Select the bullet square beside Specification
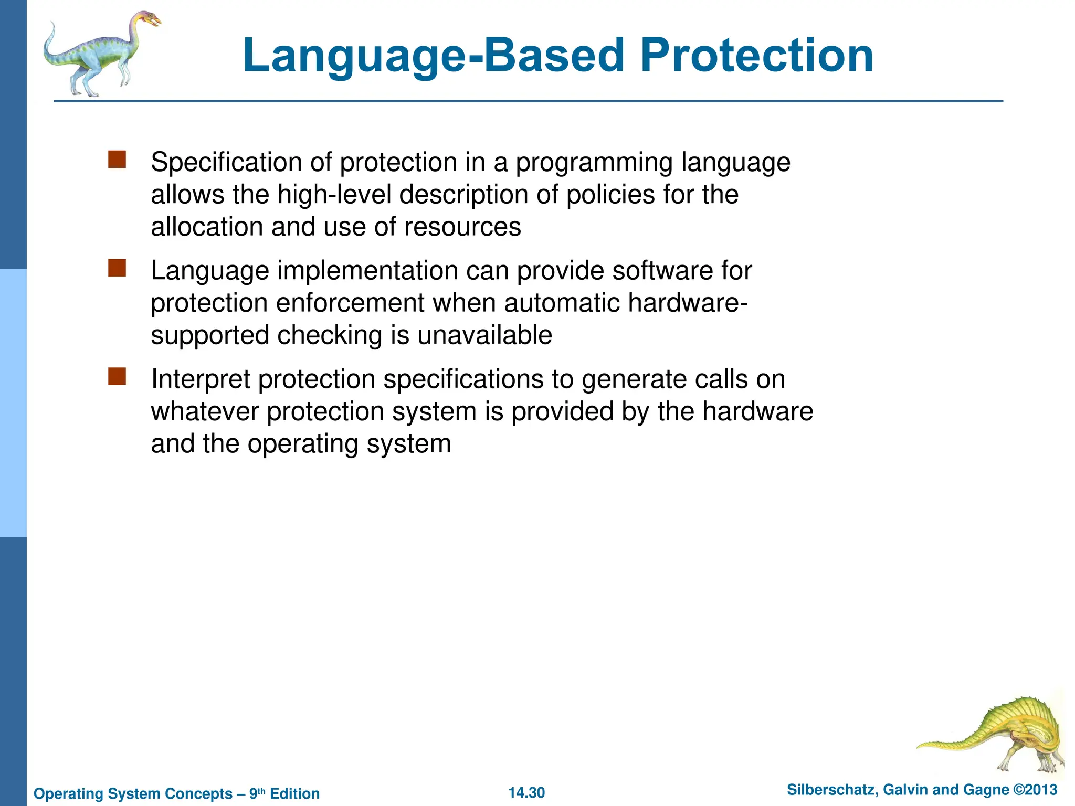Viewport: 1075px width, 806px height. click(x=117, y=160)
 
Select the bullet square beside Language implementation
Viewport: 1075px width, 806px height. click(x=117, y=268)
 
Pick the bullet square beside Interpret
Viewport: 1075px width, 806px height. click(x=117, y=376)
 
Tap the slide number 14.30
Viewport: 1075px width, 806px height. click(x=526, y=792)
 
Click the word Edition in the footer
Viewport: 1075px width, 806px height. click(x=294, y=793)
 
